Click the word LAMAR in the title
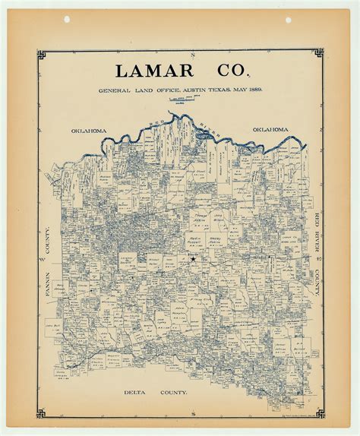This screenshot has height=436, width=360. [155, 71]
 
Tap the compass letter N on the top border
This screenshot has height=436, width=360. [193, 55]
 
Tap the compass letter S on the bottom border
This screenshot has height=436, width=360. [194, 412]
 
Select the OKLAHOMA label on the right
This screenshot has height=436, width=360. [270, 130]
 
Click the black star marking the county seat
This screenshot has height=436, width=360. [193, 259]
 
